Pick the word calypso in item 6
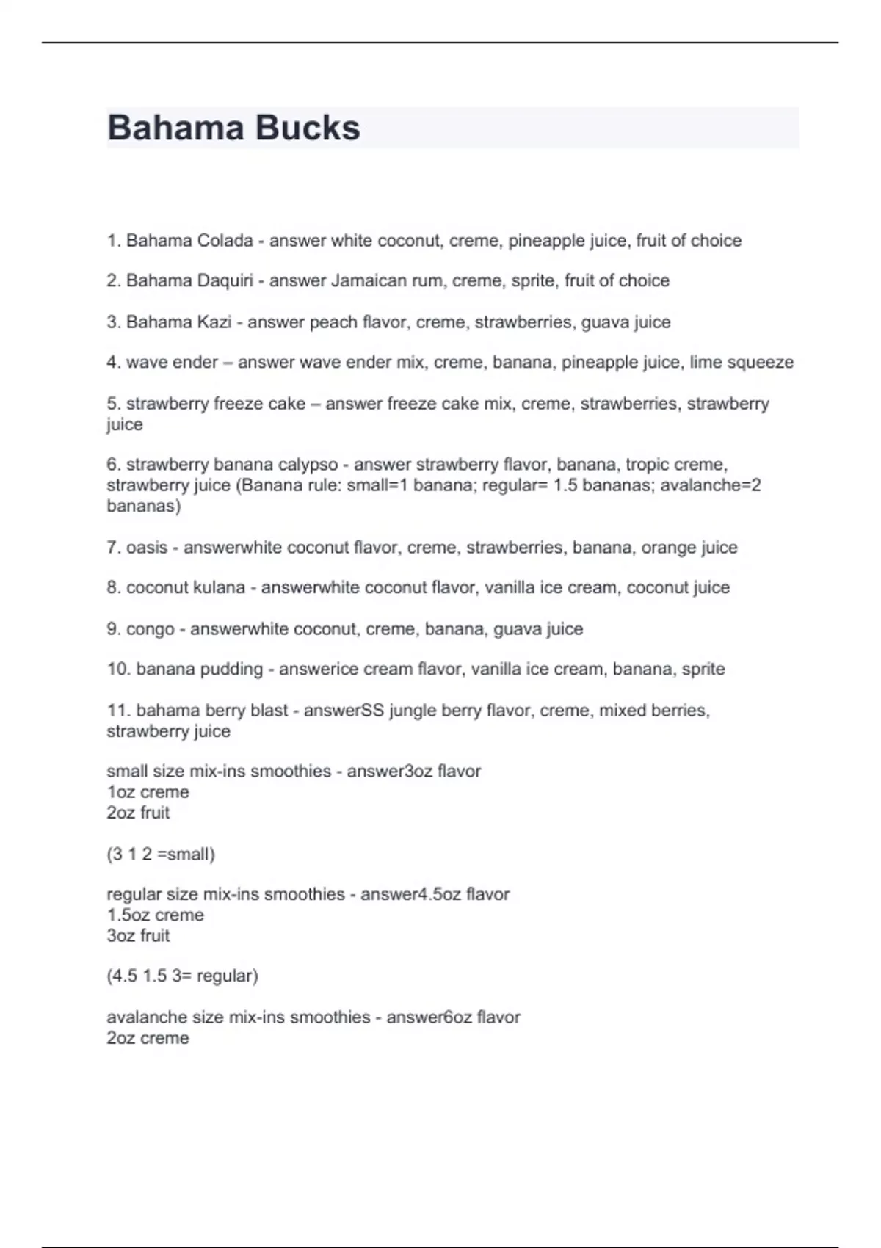point(305,465)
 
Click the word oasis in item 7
point(147,548)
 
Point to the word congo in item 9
point(151,629)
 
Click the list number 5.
point(113,404)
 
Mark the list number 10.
point(118,670)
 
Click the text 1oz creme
point(148,792)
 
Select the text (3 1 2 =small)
point(161,855)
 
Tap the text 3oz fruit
point(138,936)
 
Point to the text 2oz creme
point(148,1038)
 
